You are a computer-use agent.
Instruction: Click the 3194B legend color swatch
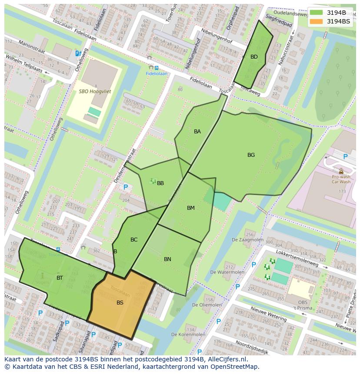click(317, 12)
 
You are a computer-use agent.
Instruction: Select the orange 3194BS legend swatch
click(317, 21)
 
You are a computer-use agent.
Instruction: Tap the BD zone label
click(254, 57)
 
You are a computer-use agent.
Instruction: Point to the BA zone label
click(197, 132)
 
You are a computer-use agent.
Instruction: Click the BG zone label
click(251, 155)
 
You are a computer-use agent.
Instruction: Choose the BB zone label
click(160, 183)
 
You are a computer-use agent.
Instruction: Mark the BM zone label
click(190, 208)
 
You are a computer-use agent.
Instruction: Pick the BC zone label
click(134, 240)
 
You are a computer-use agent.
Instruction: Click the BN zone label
click(167, 259)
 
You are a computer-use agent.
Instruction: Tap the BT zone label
click(60, 278)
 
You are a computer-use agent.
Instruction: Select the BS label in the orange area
click(120, 303)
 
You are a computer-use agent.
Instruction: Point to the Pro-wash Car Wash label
click(341, 179)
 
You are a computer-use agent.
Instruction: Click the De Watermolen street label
click(227, 272)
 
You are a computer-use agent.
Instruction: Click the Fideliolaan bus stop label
click(157, 74)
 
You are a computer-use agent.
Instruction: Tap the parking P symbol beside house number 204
click(126, 187)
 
